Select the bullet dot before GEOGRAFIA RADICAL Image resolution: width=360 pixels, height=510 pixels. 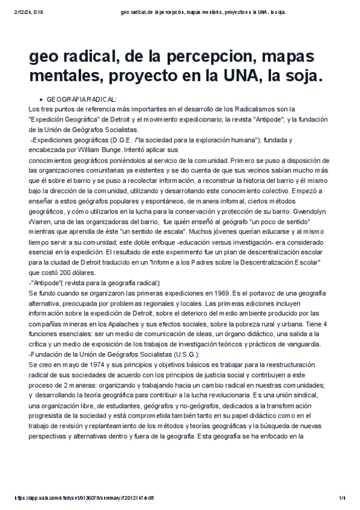click(40, 99)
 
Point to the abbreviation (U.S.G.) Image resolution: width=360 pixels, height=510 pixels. click(179, 354)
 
